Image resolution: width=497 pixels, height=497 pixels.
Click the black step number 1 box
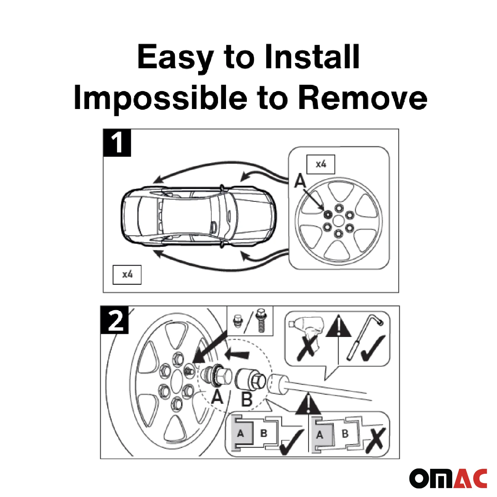117,142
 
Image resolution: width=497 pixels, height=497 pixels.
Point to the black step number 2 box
114,319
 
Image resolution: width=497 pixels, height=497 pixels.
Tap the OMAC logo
448,478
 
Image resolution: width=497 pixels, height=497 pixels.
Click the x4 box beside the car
127,275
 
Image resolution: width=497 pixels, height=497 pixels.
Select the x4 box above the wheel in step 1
321,164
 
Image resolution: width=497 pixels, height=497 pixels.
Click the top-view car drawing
198,217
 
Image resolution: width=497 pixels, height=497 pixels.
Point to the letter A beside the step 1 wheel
300,181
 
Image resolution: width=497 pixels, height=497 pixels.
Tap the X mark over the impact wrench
307,348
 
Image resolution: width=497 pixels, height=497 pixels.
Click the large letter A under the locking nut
217,397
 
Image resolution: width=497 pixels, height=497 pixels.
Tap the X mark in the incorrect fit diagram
375,440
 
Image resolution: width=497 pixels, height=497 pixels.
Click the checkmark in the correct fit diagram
292,442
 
